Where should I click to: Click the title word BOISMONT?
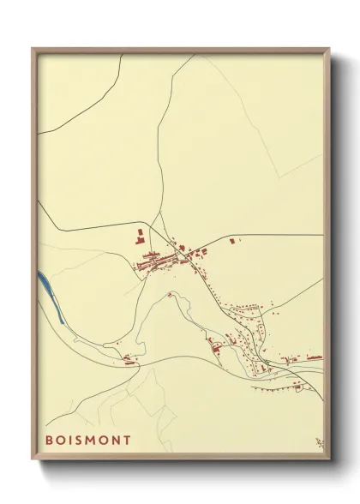point(88,440)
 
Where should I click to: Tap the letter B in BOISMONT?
point(49,440)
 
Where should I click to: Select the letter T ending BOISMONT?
point(128,440)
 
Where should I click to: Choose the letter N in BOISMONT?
point(117,440)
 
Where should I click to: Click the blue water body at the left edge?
point(50,295)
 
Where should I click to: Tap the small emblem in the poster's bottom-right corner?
point(319,442)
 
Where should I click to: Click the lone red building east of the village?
point(232,243)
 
